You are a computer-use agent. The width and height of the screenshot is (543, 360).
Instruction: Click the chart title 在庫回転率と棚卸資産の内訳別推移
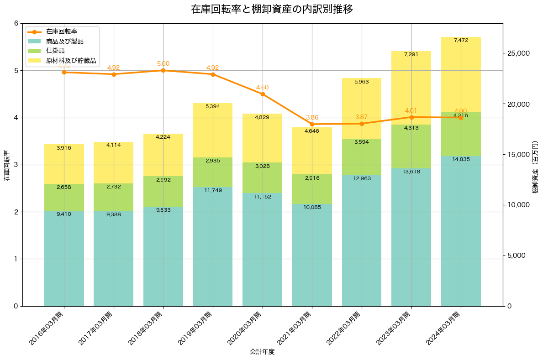click(271, 9)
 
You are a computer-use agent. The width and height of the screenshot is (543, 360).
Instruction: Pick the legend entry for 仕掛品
click(55, 51)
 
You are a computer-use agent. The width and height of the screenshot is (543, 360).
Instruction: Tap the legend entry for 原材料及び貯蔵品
click(68, 60)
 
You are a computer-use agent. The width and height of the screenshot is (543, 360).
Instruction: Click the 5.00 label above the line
click(163, 64)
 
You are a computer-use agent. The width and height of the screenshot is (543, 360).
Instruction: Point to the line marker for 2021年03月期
click(312, 124)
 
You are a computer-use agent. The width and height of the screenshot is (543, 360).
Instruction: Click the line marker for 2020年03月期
click(263, 94)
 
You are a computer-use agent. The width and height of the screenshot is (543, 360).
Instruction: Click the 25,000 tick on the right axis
click(518, 53)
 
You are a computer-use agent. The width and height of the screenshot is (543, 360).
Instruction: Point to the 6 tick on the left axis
click(16, 23)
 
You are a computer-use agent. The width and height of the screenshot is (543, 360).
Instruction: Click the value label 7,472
click(461, 41)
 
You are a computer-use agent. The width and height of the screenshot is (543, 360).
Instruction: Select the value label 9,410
click(64, 214)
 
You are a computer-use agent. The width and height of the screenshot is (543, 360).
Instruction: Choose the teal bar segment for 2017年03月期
click(114, 260)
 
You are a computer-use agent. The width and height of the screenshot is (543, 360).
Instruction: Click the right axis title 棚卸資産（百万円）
click(535, 167)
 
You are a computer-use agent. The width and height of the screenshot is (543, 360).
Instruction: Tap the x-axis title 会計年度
click(262, 352)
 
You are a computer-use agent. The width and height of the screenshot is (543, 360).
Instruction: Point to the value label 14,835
click(461, 159)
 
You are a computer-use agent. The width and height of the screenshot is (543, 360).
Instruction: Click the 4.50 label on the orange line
click(262, 87)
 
